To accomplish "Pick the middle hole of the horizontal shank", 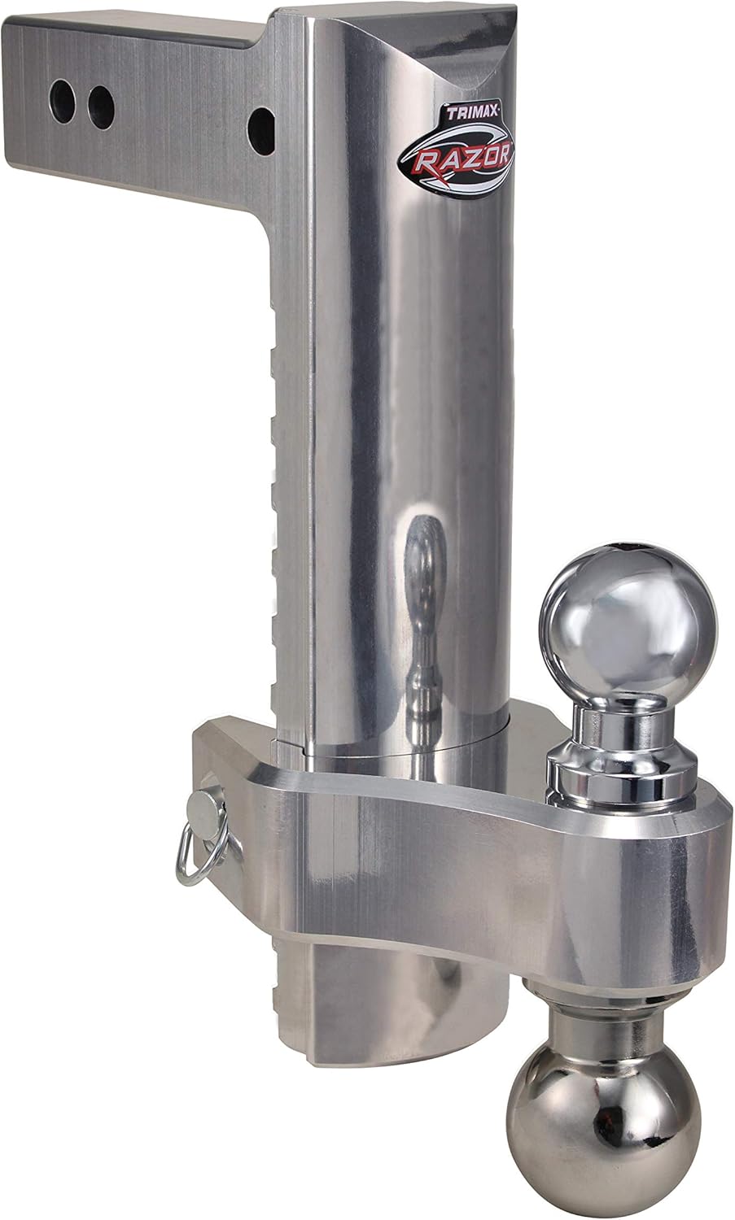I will coord(102,102).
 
